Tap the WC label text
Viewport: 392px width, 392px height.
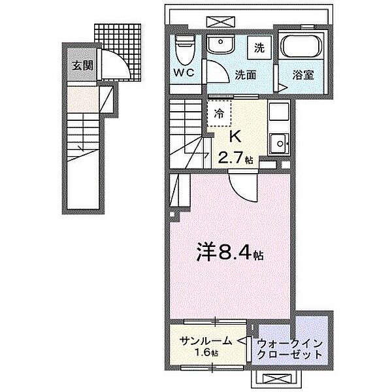[183, 74]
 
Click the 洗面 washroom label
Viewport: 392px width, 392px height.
[245, 74]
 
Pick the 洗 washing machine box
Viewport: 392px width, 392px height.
[259, 47]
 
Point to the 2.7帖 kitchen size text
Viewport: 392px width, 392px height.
[235, 158]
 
